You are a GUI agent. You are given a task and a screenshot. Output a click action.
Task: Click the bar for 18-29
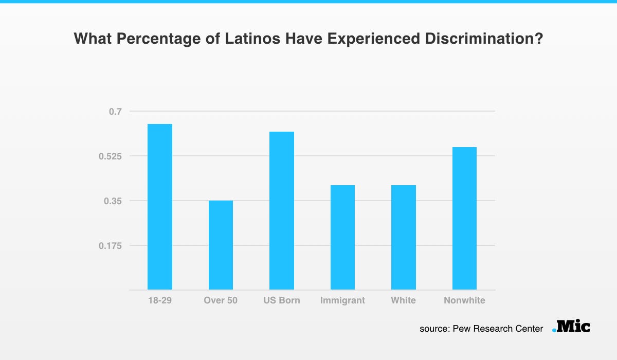coord(159,207)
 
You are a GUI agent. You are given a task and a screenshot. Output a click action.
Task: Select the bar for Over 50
coord(221,245)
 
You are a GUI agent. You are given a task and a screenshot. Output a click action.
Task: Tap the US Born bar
coord(282,211)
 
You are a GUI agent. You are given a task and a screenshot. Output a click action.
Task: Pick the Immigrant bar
coord(342,237)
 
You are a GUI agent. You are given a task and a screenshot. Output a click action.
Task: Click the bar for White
coord(403,237)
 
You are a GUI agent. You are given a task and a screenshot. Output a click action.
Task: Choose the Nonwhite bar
coord(464,219)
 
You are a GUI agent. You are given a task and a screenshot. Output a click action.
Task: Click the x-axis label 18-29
coord(159,300)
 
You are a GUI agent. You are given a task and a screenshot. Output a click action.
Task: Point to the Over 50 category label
coord(221,300)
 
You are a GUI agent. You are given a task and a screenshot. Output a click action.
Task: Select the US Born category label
coord(282,300)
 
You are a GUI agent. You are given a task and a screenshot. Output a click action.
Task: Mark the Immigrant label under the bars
coord(342,300)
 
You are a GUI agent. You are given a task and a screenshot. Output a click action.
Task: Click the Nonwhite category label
coord(464,300)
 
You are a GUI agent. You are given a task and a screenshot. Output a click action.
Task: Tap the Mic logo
coord(571,326)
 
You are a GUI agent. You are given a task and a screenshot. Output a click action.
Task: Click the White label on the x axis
coord(403,300)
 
